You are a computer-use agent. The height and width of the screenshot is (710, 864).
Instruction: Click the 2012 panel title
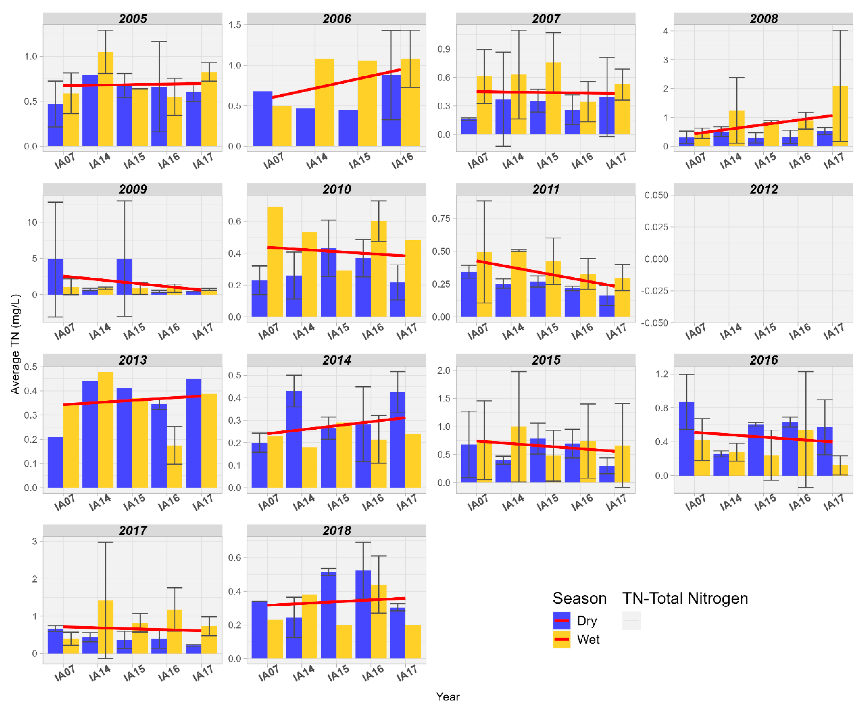763,189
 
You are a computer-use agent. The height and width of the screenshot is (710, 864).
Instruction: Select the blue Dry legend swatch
561,620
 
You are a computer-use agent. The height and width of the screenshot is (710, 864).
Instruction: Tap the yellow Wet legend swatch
561,639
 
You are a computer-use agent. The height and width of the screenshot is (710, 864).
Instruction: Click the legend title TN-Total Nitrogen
685,598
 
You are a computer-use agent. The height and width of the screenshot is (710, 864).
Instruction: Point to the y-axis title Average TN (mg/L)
15,343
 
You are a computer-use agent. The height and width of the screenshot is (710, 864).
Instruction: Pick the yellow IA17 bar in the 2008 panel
840,117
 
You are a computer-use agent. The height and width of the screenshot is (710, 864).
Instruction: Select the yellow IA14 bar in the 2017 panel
106,628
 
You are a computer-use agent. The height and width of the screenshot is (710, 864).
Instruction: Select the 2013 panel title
133,360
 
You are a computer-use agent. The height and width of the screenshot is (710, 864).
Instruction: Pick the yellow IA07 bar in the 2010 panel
275,262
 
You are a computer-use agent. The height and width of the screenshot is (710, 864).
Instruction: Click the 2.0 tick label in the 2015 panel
444,370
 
